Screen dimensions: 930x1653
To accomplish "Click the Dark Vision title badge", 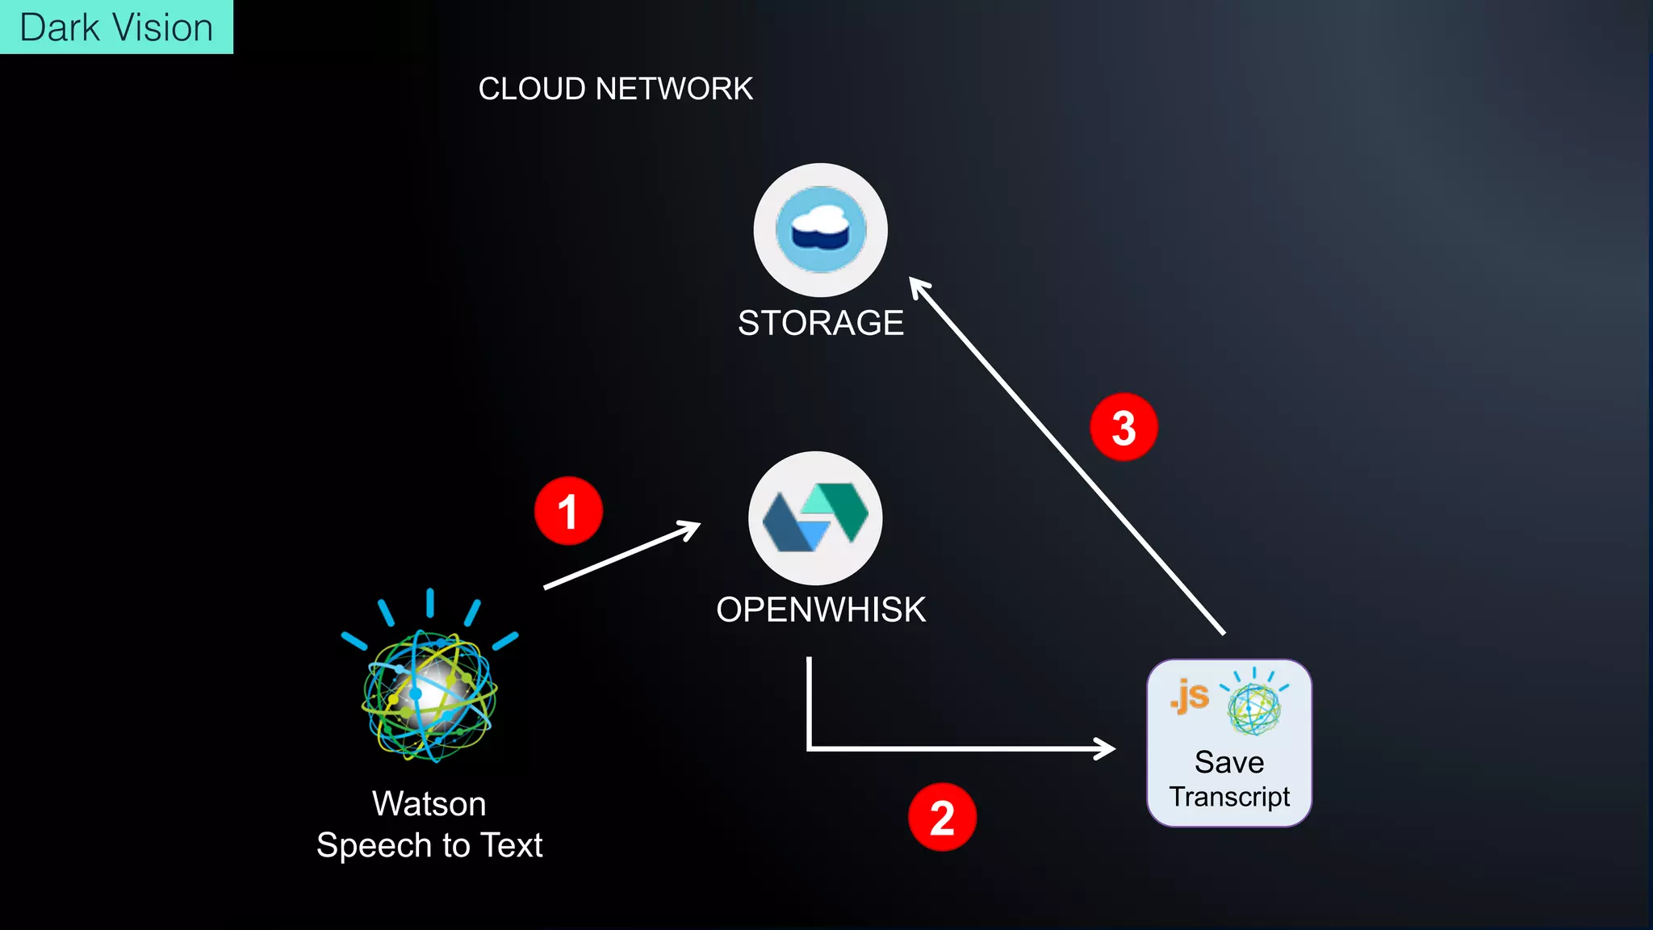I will click(x=116, y=27).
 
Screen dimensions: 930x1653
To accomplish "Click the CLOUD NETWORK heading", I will click(x=615, y=89).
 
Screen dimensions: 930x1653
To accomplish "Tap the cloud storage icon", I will click(x=820, y=230).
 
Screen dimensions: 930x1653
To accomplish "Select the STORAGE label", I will click(x=820, y=323).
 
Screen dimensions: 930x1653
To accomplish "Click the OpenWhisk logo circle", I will click(x=815, y=518).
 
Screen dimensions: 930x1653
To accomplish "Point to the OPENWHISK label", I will click(x=820, y=610).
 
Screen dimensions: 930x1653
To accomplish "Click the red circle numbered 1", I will click(x=568, y=511).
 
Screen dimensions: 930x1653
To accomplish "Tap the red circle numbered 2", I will click(x=942, y=817).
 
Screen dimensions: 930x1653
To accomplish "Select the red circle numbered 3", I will click(x=1124, y=427).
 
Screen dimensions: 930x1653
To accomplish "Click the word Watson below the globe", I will click(x=429, y=804).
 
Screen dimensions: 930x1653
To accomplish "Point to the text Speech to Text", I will click(x=429, y=845).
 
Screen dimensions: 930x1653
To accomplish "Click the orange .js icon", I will click(x=1190, y=696).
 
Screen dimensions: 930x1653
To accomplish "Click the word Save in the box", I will click(x=1229, y=762).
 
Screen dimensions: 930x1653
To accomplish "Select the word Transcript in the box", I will click(x=1229, y=797).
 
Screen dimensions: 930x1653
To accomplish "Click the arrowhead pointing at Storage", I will click(x=918, y=286).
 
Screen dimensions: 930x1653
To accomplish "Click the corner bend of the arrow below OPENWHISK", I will click(x=810, y=748).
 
